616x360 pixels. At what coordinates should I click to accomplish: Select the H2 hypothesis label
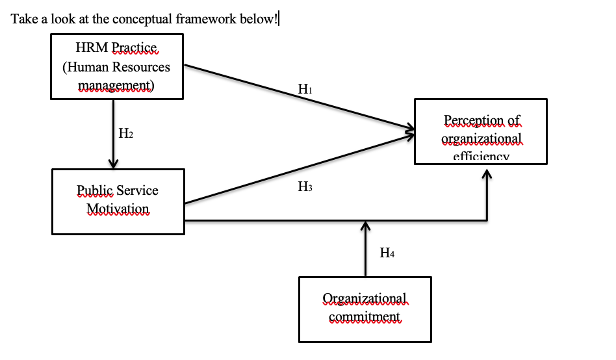pos(126,134)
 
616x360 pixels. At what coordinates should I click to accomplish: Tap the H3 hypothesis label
pos(305,187)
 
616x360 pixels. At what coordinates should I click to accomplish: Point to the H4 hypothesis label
pos(387,253)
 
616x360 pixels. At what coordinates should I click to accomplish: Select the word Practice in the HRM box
pos(135,47)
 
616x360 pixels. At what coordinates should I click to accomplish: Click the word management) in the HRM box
pos(116,85)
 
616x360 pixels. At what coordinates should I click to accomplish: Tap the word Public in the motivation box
pos(95,190)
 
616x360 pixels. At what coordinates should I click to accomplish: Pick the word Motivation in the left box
pos(117,209)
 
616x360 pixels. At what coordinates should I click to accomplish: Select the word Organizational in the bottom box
pos(365,298)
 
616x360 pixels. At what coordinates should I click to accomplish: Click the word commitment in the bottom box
pos(365,316)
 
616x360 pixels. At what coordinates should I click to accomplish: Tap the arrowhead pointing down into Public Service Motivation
pos(114,163)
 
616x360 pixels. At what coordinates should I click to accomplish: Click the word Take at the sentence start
pos(23,18)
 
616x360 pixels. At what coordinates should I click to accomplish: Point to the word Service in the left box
pos(138,190)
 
